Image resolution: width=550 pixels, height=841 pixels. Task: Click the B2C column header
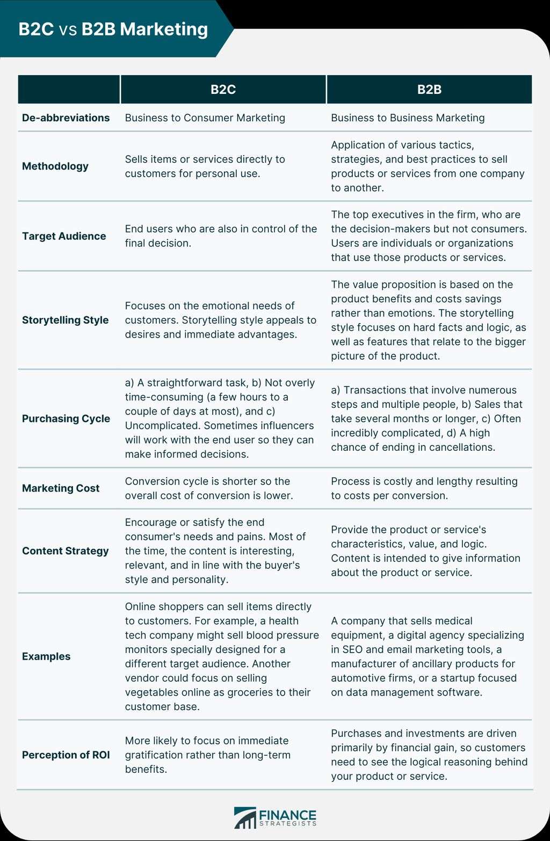[223, 90]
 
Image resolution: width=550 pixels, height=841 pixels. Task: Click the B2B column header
[429, 90]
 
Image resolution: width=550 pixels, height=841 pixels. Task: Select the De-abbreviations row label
[66, 118]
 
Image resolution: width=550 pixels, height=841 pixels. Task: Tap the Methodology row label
[55, 166]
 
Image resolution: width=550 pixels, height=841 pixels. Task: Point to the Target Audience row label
[64, 236]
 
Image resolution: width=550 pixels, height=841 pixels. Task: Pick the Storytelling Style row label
[65, 320]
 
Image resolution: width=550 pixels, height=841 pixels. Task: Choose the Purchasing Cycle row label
[66, 419]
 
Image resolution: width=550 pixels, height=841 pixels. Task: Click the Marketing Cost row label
[61, 488]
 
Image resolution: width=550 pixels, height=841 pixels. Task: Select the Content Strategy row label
[65, 551]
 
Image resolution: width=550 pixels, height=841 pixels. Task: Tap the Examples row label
[46, 656]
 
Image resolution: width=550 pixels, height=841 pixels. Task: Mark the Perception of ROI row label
[66, 755]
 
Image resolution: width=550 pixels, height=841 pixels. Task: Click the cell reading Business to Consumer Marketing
[205, 118]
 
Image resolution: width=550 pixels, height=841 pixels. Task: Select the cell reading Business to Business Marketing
[408, 118]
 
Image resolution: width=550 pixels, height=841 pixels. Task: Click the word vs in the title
[68, 30]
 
